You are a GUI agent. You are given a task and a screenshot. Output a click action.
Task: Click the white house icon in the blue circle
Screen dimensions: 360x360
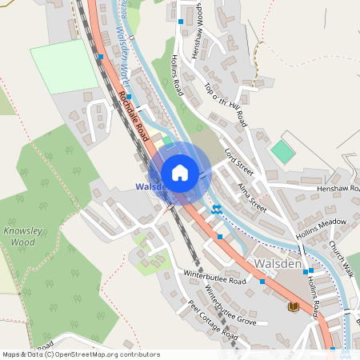point(180,173)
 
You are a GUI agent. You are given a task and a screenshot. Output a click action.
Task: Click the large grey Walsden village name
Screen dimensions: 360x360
point(277,262)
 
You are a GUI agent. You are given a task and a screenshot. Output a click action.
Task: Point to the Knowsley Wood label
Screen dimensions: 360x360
point(20,235)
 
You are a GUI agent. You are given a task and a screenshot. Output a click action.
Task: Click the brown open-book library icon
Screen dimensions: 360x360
point(294,306)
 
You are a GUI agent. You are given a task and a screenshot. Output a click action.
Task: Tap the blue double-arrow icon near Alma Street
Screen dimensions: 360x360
point(216,210)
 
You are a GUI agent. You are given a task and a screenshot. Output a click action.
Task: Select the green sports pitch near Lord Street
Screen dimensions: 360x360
point(282,151)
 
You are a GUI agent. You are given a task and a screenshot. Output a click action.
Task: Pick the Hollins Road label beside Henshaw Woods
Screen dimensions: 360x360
point(177,77)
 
